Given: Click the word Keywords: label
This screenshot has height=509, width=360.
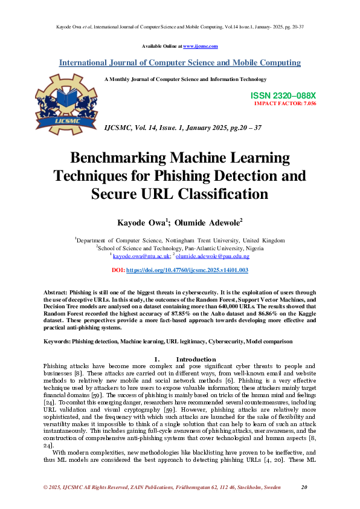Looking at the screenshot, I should [x=57, y=342].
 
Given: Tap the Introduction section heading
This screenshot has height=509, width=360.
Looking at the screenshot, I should [x=196, y=359].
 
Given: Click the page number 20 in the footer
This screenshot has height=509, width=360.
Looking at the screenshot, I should [x=304, y=487].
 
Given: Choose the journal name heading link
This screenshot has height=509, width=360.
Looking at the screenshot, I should [x=179, y=63].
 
